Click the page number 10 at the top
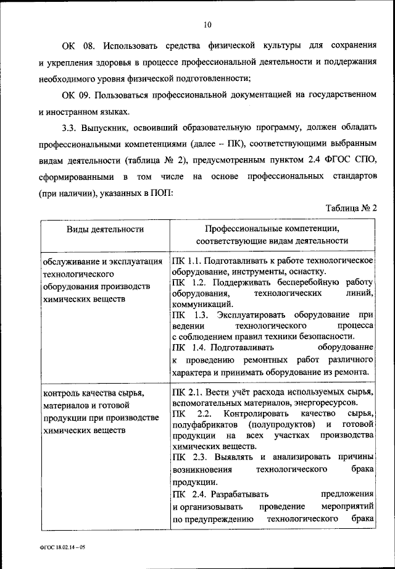pos(206,25)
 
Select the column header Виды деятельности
pos(105,229)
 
